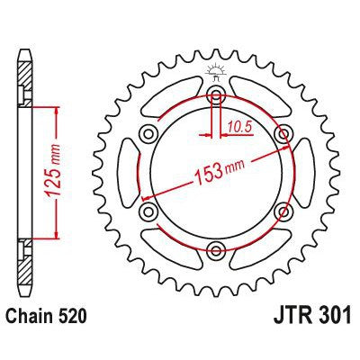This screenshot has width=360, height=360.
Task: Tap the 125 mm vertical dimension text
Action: point(52,170)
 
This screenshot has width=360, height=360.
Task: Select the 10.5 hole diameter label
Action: point(238,128)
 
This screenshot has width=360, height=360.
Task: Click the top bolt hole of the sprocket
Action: point(216,92)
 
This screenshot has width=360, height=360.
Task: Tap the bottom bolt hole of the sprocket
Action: point(216,249)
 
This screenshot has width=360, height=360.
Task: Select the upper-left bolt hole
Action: point(148,131)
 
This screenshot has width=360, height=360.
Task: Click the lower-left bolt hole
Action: point(148,211)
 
